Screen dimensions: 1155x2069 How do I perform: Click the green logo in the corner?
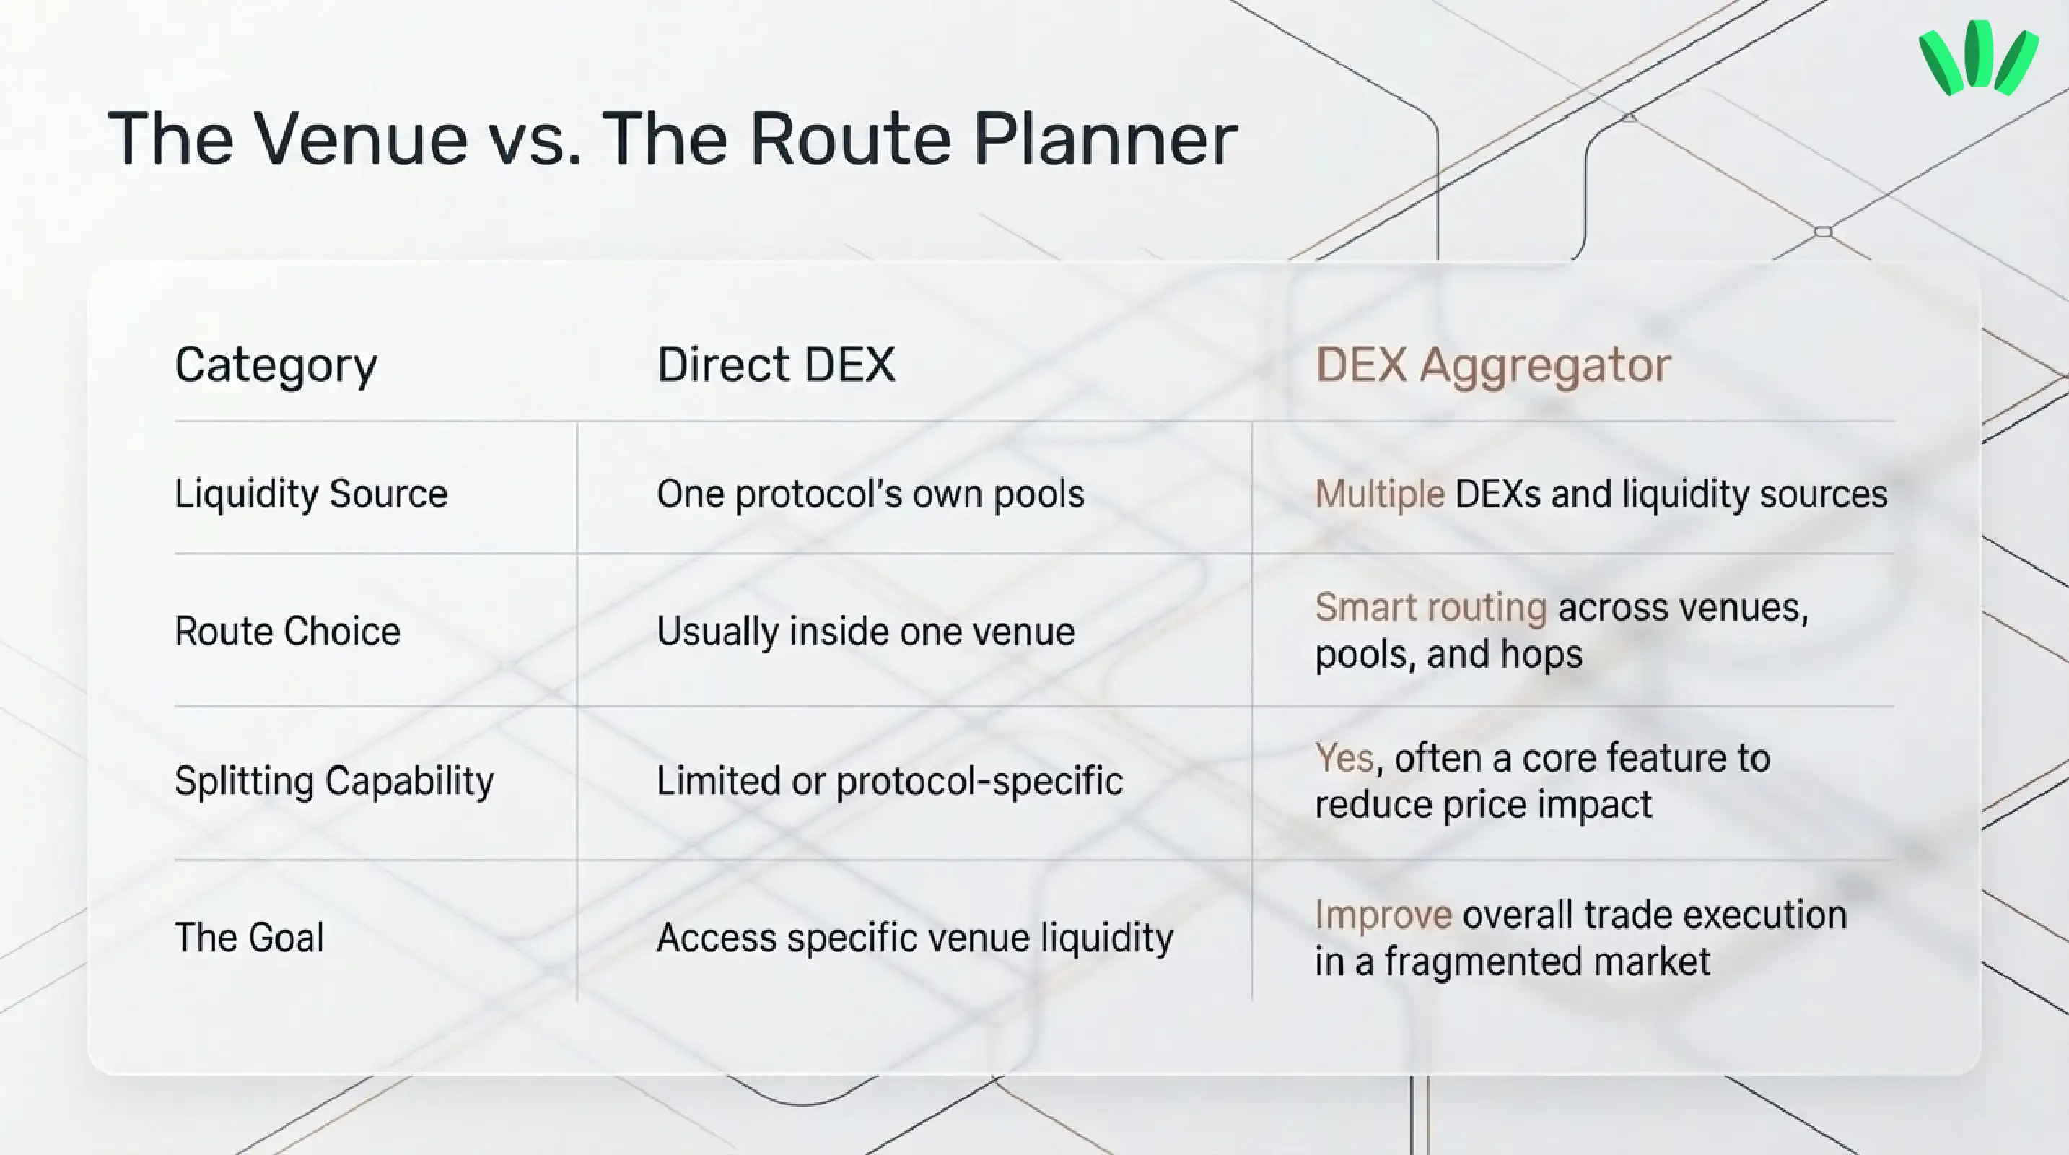[x=1977, y=58]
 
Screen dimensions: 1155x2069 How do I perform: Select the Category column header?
[x=276, y=366]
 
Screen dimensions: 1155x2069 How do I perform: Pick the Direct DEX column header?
[x=776, y=365]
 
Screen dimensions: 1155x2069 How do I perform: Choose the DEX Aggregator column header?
[x=1493, y=366]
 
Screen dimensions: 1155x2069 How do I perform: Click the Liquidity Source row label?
[x=311, y=493]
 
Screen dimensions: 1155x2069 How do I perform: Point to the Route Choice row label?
[x=287, y=632]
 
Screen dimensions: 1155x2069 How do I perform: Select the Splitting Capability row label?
[x=334, y=782]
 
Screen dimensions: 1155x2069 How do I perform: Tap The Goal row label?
[x=249, y=937]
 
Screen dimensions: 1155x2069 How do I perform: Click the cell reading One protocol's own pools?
[x=870, y=493]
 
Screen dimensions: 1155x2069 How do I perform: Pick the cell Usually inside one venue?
[x=866, y=632]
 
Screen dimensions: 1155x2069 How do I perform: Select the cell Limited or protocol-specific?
[x=890, y=782]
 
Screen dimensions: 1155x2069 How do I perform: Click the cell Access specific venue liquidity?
[x=915, y=937]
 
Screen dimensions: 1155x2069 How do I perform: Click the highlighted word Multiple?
[x=1380, y=494]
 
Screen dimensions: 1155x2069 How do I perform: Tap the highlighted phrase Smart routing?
[x=1430, y=607]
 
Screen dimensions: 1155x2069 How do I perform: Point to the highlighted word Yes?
[x=1344, y=758]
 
